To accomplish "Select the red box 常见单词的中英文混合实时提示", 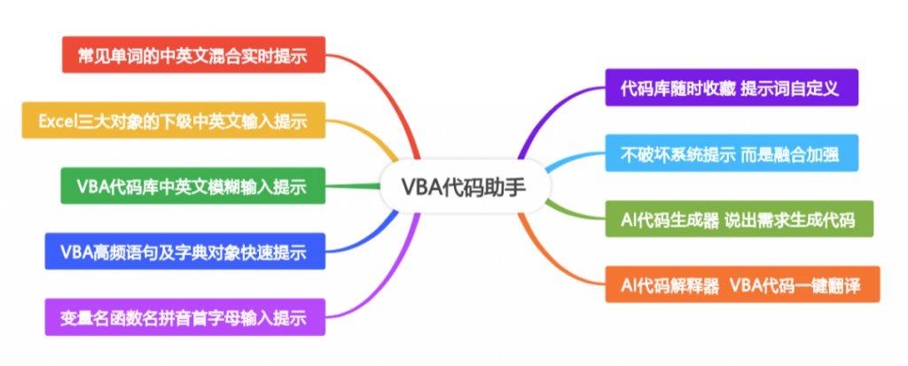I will click(193, 55).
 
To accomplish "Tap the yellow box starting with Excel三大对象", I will click(173, 121).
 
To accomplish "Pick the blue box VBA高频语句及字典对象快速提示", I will click(184, 252).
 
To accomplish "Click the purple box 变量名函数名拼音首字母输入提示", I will click(184, 317).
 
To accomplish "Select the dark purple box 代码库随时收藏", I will click(732, 88).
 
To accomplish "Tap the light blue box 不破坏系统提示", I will click(732, 153).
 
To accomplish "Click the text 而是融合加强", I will click(796, 153).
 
